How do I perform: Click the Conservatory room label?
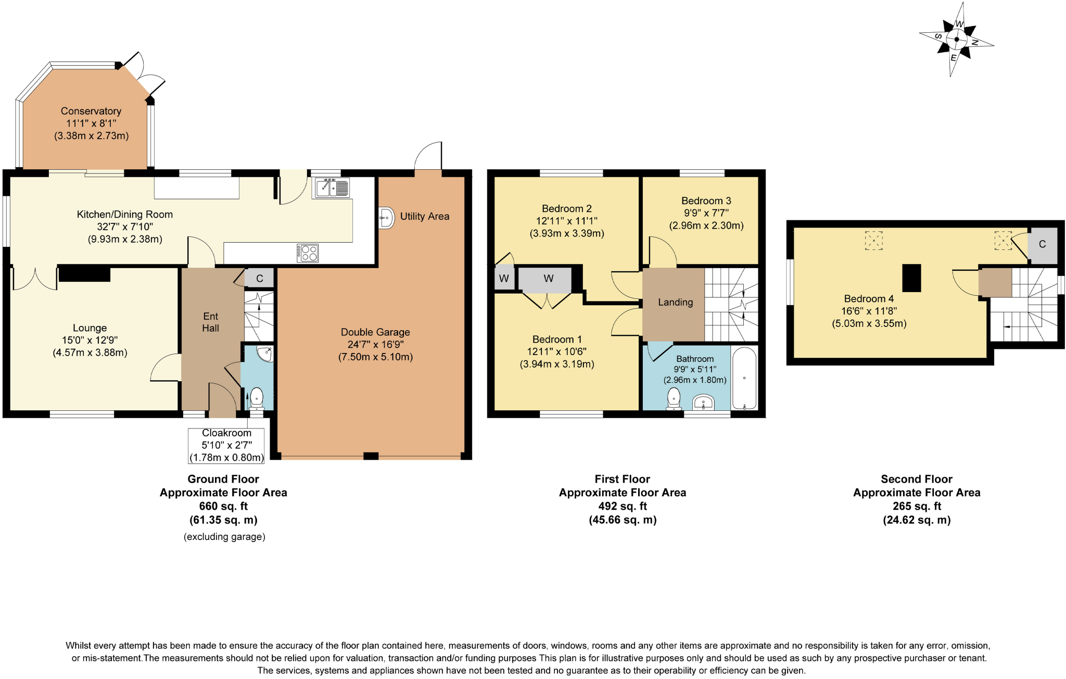[x=91, y=111]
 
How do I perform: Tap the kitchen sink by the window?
[x=331, y=187]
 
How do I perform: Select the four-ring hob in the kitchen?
[x=308, y=253]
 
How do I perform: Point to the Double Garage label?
[x=375, y=332]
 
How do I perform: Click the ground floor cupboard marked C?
[x=259, y=279]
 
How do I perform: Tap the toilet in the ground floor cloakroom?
[x=257, y=399]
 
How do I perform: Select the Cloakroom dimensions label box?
[x=226, y=446]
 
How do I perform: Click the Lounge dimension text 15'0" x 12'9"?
[x=90, y=340]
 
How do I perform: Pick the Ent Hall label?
[x=210, y=322]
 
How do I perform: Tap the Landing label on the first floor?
[x=675, y=303]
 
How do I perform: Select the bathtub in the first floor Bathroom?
[x=744, y=378]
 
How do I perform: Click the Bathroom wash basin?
[x=703, y=403]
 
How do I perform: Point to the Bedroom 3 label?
[x=706, y=201]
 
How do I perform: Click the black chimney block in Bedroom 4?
[x=911, y=278]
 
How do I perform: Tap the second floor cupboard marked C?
[x=1042, y=244]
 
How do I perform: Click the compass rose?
[x=956, y=40]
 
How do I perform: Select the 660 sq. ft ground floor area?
[x=223, y=506]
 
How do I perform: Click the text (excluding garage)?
[x=224, y=537]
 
